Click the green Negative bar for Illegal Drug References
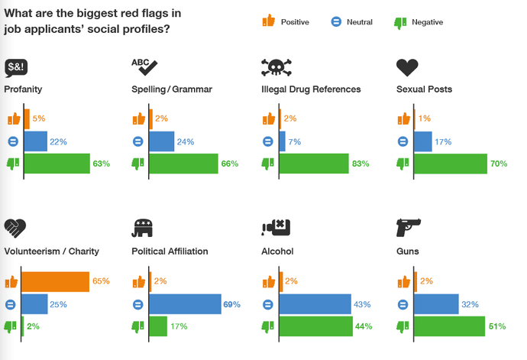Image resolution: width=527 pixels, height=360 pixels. (317, 164)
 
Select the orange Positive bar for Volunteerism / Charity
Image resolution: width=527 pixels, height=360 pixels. (56, 282)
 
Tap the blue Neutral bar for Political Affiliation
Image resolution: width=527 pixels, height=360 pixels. (185, 304)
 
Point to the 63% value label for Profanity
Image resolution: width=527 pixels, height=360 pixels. (102, 164)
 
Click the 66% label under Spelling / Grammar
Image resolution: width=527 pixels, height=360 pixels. (230, 164)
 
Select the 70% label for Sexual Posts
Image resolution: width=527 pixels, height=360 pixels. (499, 164)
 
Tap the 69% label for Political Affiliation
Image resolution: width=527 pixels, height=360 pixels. (231, 304)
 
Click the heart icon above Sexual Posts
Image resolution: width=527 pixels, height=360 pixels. (407, 67)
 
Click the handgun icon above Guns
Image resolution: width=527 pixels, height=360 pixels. (409, 228)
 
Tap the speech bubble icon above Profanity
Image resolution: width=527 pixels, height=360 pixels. (16, 68)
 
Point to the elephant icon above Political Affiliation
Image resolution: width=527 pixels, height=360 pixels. (144, 229)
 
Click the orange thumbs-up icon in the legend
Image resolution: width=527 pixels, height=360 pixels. (267, 21)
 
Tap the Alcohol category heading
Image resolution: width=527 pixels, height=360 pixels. (277, 251)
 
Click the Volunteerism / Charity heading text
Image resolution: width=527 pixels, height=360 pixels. (51, 251)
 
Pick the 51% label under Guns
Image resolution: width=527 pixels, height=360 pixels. (497, 326)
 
